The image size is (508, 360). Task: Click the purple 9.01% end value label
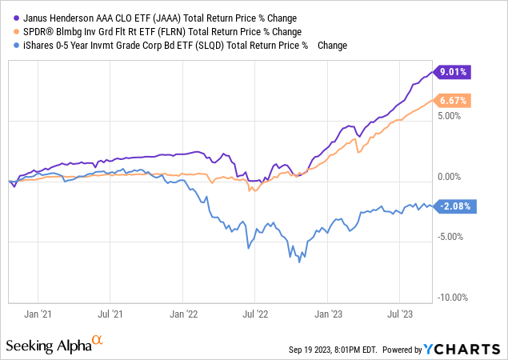pyautogui.click(x=454, y=72)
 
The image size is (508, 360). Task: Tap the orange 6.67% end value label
pyautogui.click(x=454, y=101)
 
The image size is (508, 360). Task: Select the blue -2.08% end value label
pyautogui.click(x=454, y=206)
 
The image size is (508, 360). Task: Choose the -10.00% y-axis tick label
pyautogui.click(x=454, y=298)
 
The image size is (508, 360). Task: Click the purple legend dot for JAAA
pyautogui.click(x=10, y=18)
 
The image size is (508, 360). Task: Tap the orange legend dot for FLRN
pyautogui.click(x=10, y=32)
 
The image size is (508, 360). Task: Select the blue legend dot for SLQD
pyautogui.click(x=10, y=46)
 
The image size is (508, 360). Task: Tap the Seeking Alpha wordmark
pyautogui.click(x=47, y=346)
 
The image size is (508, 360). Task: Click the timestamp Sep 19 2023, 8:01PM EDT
pyautogui.click(x=336, y=350)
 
